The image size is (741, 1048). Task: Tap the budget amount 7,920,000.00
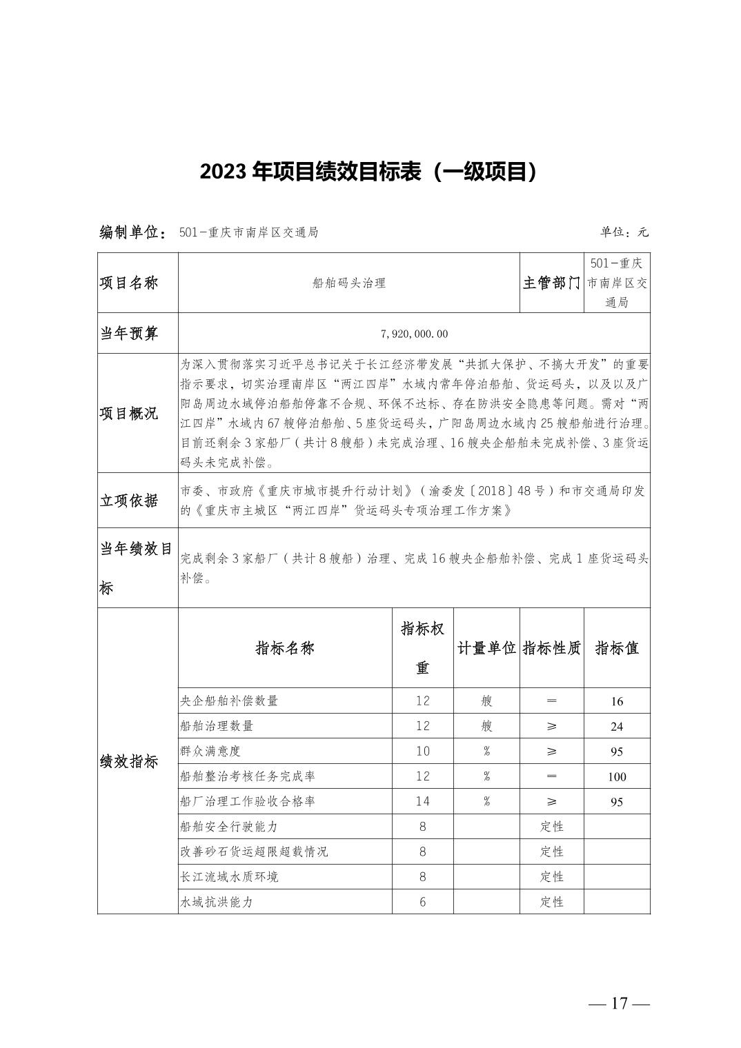(414, 334)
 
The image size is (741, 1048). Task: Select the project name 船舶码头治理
(348, 283)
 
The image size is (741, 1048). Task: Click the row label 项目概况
(129, 413)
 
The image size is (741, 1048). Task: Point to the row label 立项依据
(129, 501)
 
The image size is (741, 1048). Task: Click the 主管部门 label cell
(551, 283)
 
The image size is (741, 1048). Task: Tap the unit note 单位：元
(624, 232)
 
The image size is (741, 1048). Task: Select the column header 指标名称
(285, 648)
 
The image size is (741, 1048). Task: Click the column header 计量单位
(486, 648)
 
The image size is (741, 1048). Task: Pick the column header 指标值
(617, 648)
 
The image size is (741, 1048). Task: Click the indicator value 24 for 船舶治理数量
(617, 727)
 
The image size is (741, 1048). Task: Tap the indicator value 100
(617, 777)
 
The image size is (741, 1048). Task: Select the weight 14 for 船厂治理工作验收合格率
(423, 801)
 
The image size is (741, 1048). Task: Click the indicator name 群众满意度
(210, 751)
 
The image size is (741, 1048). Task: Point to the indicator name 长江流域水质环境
(229, 876)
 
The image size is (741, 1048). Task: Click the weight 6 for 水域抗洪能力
(423, 902)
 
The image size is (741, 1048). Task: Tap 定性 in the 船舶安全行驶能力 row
(552, 827)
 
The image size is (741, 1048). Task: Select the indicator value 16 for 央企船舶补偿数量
(617, 702)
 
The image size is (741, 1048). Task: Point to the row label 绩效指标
(129, 761)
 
